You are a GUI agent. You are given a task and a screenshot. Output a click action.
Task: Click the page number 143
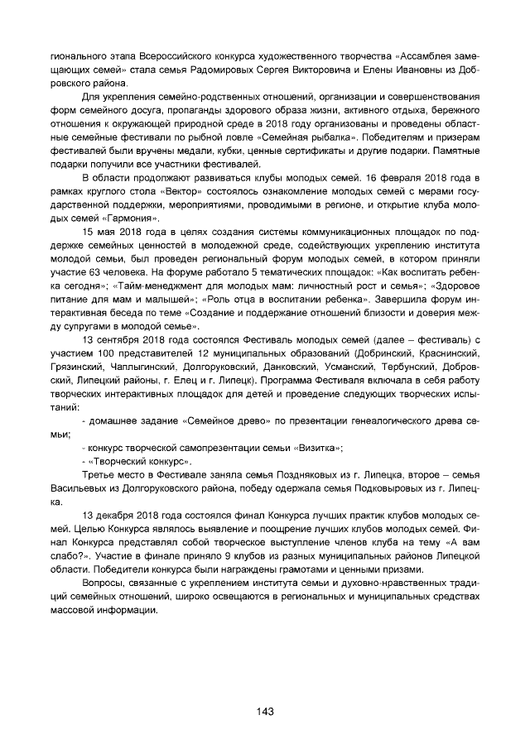(265, 711)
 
